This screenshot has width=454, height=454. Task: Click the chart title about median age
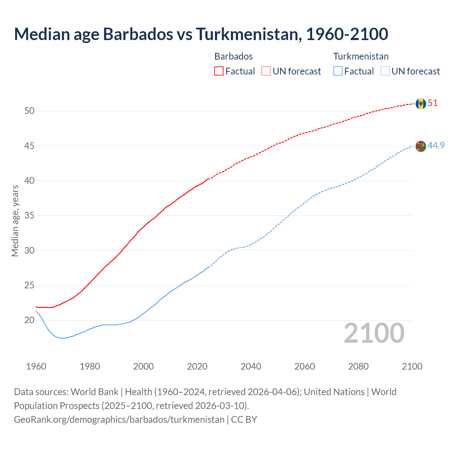pyautogui.click(x=201, y=34)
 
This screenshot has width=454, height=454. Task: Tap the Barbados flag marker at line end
pyautogui.click(x=421, y=104)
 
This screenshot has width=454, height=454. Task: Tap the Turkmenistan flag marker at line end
pyautogui.click(x=421, y=146)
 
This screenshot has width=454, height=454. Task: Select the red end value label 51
pyautogui.click(x=433, y=103)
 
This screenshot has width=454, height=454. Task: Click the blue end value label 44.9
pyautogui.click(x=436, y=146)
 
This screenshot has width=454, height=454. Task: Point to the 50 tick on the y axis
pyautogui.click(x=29, y=111)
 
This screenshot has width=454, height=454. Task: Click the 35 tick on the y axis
pyautogui.click(x=29, y=216)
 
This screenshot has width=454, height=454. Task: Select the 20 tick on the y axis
pyautogui.click(x=29, y=320)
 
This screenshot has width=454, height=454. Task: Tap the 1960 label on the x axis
pyautogui.click(x=36, y=366)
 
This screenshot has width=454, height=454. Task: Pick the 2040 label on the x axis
pyautogui.click(x=251, y=366)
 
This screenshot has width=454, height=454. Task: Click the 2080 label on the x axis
pyautogui.click(x=358, y=366)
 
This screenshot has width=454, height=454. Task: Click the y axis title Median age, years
pyautogui.click(x=15, y=221)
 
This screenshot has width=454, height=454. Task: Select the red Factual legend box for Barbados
pyautogui.click(x=219, y=71)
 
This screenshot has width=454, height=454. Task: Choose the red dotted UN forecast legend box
pyautogui.click(x=266, y=71)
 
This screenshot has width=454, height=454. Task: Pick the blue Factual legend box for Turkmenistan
pyautogui.click(x=338, y=71)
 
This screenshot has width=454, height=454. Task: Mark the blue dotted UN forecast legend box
pyautogui.click(x=385, y=71)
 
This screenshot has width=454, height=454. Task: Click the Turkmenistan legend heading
pyautogui.click(x=361, y=56)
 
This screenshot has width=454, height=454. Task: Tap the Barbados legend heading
pyautogui.click(x=233, y=56)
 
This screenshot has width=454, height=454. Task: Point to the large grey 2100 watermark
pyautogui.click(x=374, y=333)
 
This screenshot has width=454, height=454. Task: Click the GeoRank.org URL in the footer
pyautogui.click(x=119, y=420)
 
